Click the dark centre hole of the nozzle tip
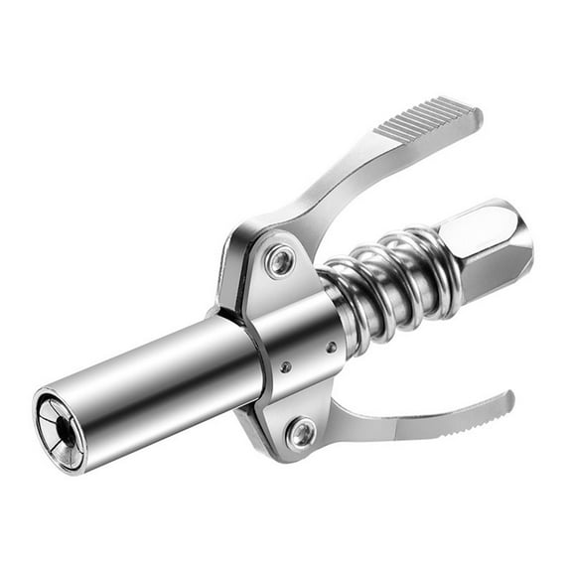pos(63,429)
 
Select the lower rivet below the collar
pos(301,432)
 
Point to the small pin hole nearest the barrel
pos(286,367)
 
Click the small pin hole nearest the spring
pos(332,347)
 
